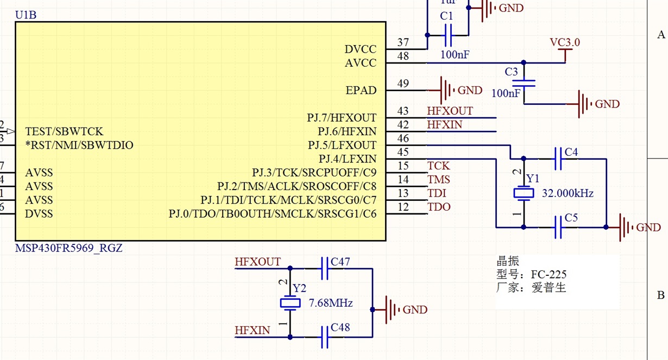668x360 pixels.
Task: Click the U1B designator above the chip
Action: pos(26,15)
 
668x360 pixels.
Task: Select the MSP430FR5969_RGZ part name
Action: pos(68,248)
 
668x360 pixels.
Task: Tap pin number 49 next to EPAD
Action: pos(403,84)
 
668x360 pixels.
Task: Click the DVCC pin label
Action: pos(361,49)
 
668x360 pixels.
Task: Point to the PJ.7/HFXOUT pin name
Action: pos(342,118)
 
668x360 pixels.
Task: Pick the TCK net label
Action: pos(438,166)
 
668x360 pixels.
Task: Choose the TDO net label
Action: pos(439,207)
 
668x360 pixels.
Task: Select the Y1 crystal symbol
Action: pos(524,193)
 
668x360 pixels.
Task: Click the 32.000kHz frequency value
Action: pos(568,193)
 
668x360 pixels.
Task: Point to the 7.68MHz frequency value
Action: pos(331,303)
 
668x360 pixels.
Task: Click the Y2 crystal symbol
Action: pos(290,303)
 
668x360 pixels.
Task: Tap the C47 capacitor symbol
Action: pos(325,268)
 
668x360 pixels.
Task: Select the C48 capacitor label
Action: pos(340,327)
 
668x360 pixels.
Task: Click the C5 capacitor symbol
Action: pos(557,227)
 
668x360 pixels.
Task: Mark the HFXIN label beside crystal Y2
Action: pos(252,330)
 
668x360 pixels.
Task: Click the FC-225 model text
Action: pos(549,274)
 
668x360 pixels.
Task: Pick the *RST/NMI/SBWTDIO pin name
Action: pos(79,146)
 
